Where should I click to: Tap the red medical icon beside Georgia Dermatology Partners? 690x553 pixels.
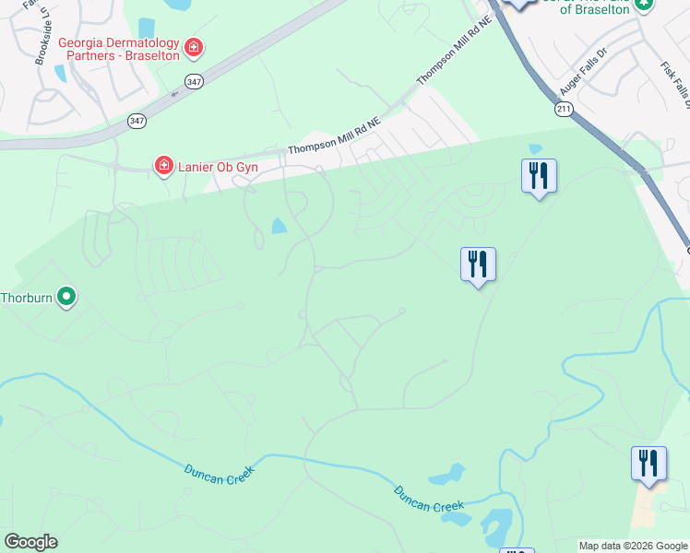click(x=193, y=46)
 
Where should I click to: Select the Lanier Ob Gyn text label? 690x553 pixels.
click(x=218, y=166)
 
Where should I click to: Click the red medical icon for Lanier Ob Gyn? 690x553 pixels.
click(x=163, y=165)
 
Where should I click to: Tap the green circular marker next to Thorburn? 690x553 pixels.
click(x=65, y=297)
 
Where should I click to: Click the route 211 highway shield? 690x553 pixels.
click(x=563, y=109)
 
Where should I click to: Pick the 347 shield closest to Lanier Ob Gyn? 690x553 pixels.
click(x=137, y=120)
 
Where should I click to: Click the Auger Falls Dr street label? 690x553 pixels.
click(x=583, y=71)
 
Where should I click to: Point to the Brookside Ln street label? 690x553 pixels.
click(x=42, y=41)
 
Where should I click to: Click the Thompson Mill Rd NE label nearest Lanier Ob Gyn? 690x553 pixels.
click(x=334, y=135)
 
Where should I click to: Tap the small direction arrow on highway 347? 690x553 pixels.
click(x=173, y=93)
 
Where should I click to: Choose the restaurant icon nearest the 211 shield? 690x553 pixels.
click(x=538, y=175)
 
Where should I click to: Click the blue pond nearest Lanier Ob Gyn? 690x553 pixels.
click(x=279, y=225)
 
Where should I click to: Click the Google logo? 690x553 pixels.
click(x=30, y=542)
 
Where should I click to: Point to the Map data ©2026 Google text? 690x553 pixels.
click(x=633, y=546)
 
